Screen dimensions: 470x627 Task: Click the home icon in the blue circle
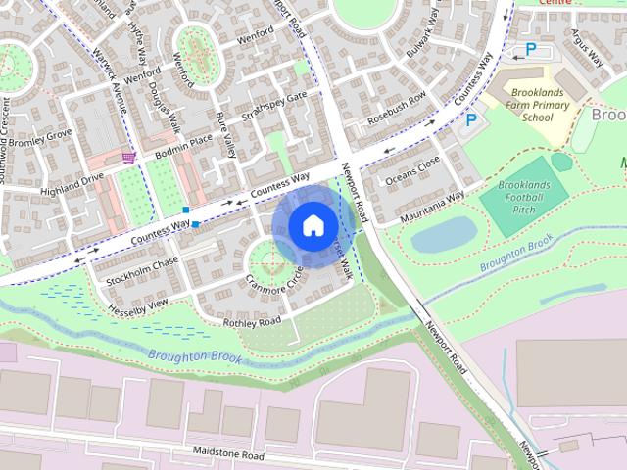(x=312, y=225)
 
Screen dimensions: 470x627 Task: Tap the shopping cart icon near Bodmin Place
(x=128, y=157)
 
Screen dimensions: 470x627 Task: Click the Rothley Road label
(x=252, y=321)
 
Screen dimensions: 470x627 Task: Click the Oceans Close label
(x=412, y=170)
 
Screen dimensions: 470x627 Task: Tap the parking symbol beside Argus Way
(x=531, y=49)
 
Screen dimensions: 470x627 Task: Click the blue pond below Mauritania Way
(x=443, y=233)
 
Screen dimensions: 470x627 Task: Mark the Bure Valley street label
(x=226, y=136)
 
